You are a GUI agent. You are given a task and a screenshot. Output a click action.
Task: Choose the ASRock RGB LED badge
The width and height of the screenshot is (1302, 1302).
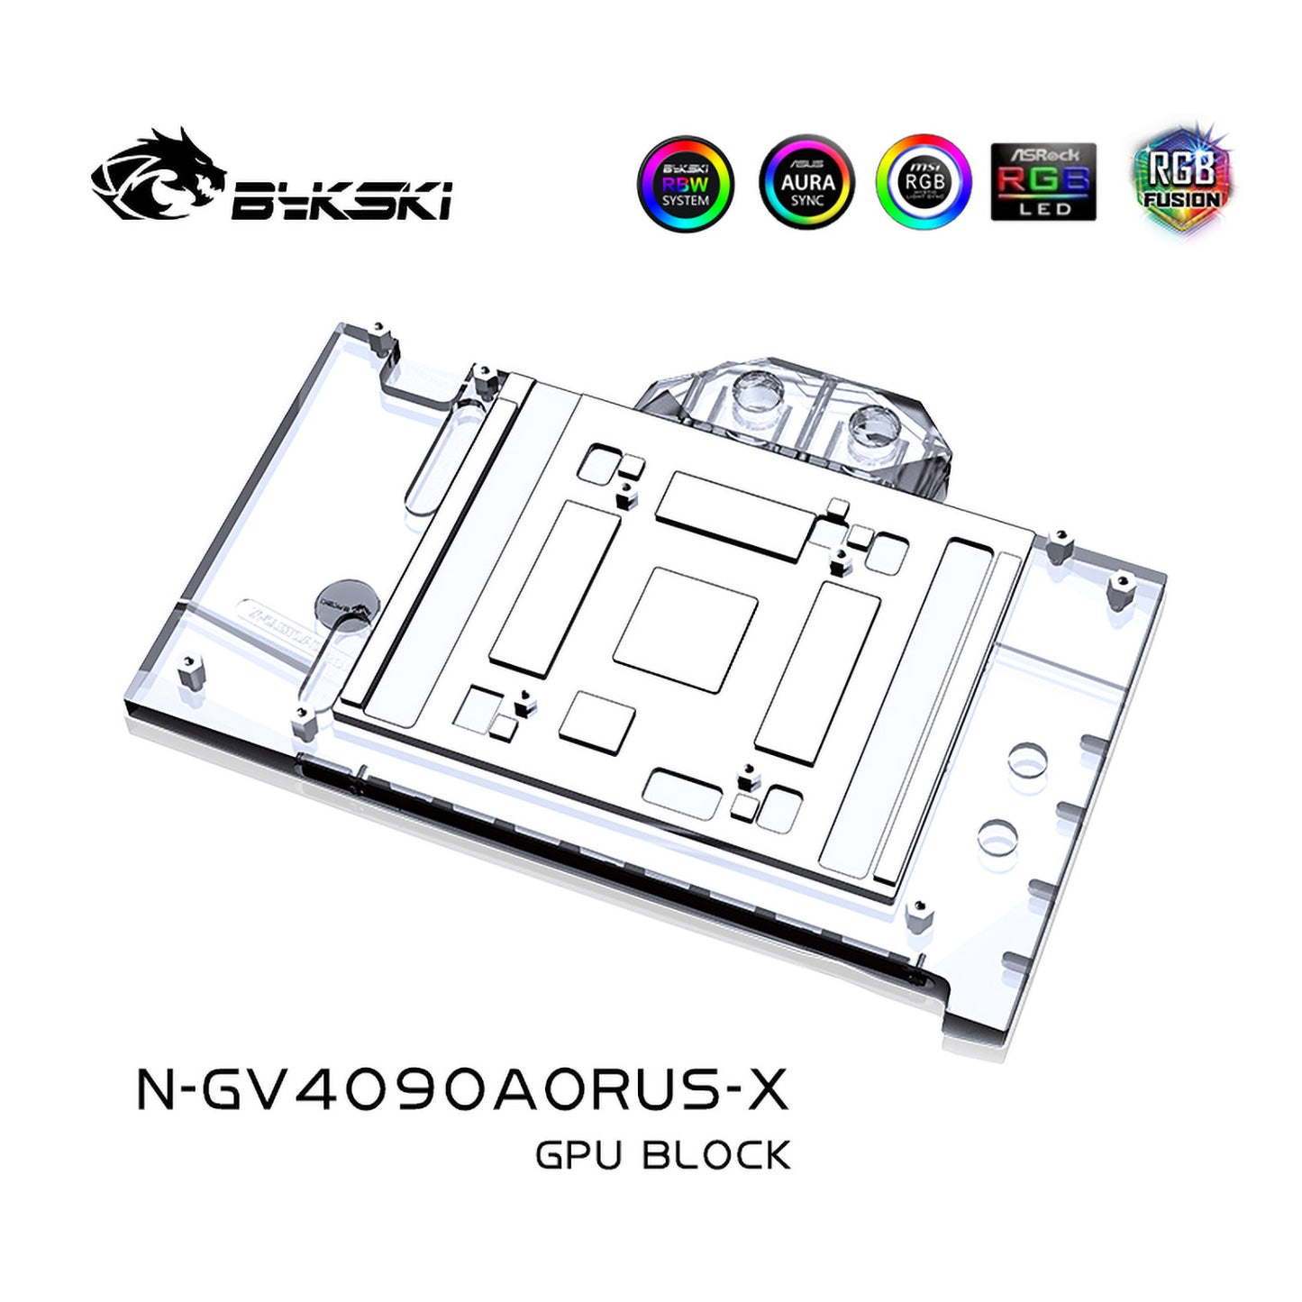(1043, 182)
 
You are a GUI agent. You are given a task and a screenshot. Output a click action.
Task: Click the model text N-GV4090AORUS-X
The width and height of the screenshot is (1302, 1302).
(462, 1088)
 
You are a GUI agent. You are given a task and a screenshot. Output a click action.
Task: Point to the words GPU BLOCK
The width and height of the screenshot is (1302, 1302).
(662, 1155)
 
